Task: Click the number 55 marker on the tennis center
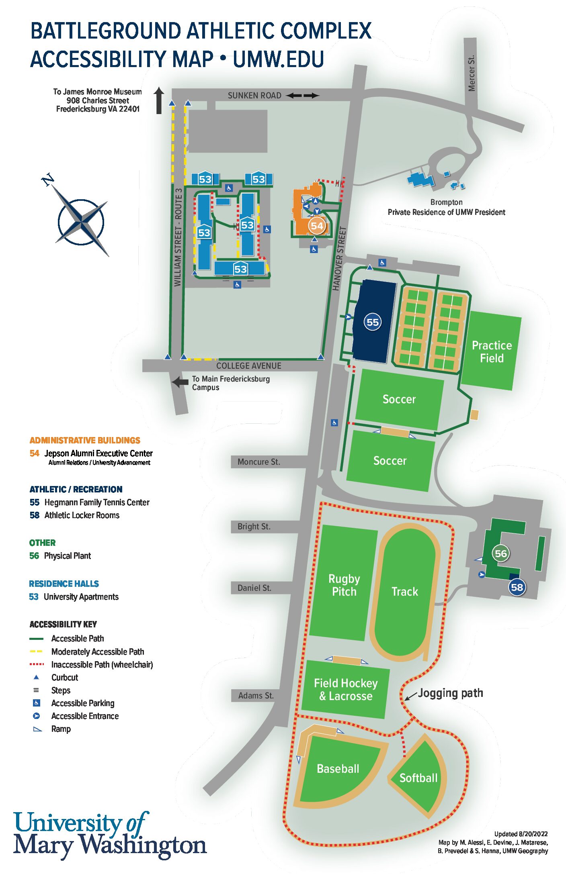point(373,322)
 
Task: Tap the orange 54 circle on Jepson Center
point(317,226)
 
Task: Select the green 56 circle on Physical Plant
point(501,553)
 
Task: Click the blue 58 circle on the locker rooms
point(517,588)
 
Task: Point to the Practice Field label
point(492,352)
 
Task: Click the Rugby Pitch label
point(344,585)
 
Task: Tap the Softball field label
point(418,778)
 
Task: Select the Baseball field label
point(338,769)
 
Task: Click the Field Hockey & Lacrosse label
point(346,690)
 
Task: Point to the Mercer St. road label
point(472,73)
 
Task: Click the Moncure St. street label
point(258,462)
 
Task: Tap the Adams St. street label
point(256,696)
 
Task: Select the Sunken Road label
point(254,96)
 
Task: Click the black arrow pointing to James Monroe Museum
point(159,100)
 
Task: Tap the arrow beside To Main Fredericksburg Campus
point(180,382)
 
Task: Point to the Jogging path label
point(450,693)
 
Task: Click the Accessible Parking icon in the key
point(36,703)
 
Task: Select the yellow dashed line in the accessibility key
point(36,651)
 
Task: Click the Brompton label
point(446,202)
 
